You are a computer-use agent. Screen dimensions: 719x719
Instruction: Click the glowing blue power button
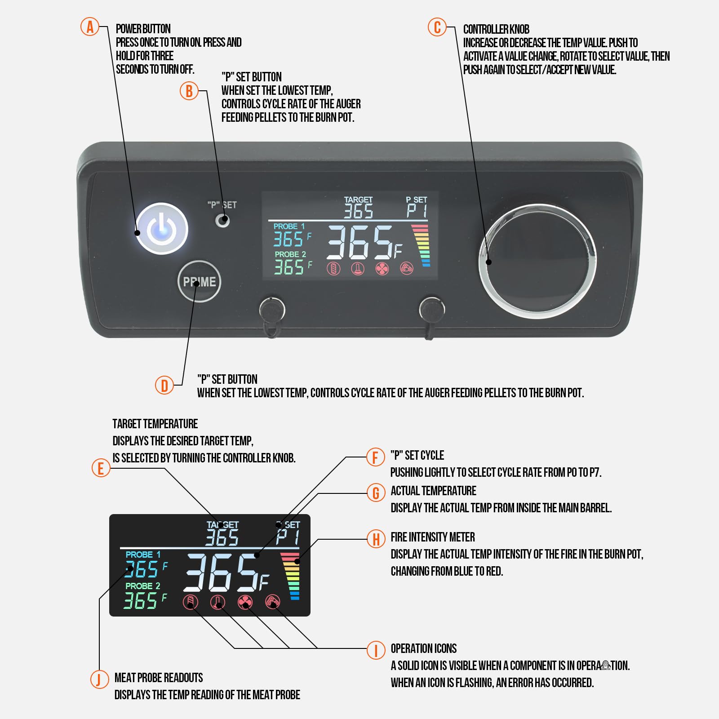[162, 229]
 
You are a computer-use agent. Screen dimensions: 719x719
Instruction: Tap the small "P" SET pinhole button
[222, 221]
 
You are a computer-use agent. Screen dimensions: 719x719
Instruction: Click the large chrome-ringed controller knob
[537, 261]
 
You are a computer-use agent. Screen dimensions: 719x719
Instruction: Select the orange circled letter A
[90, 27]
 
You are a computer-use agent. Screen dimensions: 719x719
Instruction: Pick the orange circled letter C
[437, 27]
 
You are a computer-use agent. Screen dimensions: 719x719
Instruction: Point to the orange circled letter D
[164, 385]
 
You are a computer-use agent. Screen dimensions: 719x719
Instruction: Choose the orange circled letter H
[376, 539]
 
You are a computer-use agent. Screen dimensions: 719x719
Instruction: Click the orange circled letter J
[99, 679]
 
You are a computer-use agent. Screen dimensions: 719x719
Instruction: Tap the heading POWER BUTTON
[143, 29]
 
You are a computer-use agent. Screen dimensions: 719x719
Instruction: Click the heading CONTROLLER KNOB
[496, 30]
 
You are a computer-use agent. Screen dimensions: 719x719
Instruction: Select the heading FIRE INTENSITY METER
[432, 537]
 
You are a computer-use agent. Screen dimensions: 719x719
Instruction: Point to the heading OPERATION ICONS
[423, 648]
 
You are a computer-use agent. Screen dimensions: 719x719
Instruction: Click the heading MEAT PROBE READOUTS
[159, 678]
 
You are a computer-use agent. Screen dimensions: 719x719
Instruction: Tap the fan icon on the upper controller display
[382, 269]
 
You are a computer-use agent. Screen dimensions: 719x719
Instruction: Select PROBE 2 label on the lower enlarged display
[142, 586]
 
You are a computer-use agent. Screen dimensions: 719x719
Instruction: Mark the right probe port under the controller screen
[432, 309]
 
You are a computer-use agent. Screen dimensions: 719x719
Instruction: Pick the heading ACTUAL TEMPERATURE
[433, 491]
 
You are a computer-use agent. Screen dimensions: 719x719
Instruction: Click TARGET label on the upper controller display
[358, 200]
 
